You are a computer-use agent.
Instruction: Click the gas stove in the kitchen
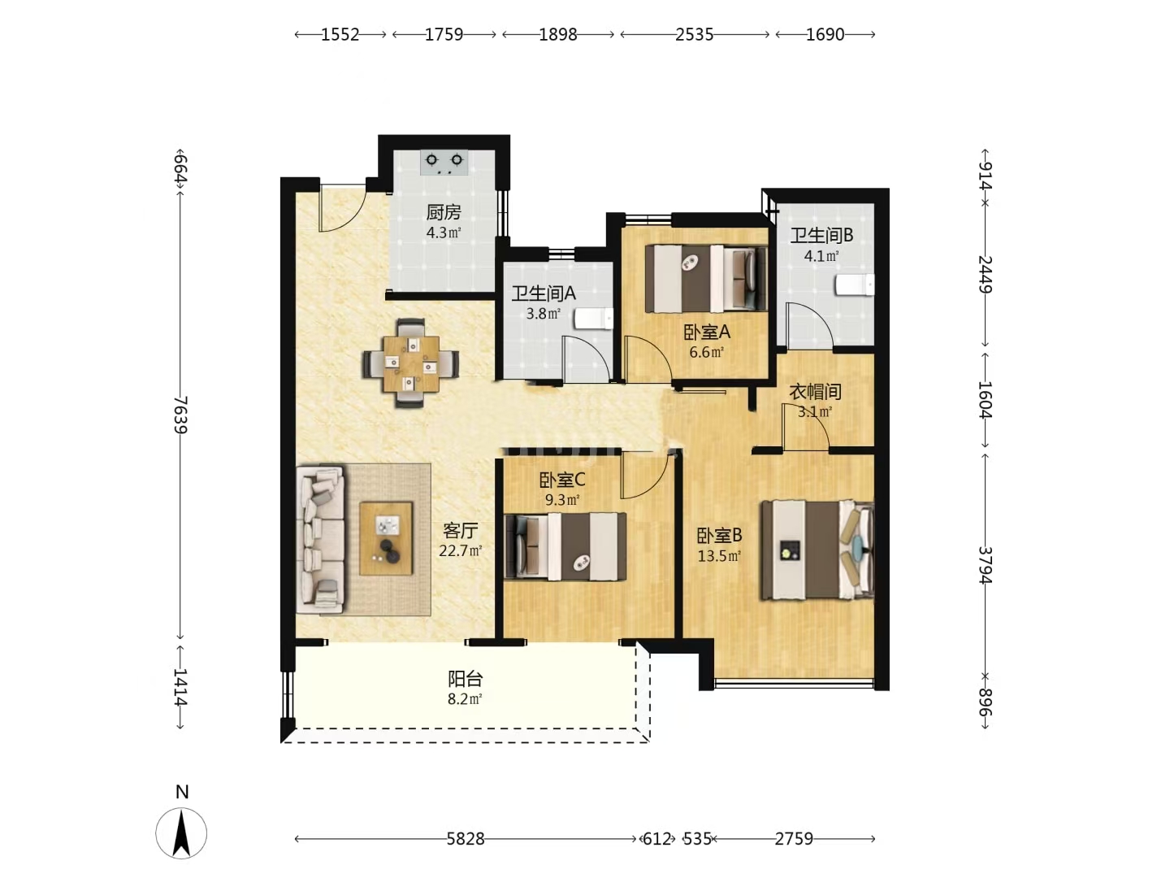(444, 162)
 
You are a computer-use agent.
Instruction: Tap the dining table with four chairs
(410, 363)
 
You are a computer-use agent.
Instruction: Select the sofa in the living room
(320, 540)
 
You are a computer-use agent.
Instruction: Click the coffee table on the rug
(386, 538)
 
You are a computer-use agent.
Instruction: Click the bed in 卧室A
(706, 279)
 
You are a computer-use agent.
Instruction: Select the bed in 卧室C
(565, 545)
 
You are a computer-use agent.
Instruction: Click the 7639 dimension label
(181, 415)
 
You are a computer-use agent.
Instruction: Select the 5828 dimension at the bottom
(466, 839)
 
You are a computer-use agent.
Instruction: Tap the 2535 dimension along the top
(694, 35)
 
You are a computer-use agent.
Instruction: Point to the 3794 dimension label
(985, 565)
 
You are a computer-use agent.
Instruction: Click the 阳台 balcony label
(466, 679)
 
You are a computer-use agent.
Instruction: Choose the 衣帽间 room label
(815, 392)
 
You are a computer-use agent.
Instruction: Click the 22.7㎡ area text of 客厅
(461, 550)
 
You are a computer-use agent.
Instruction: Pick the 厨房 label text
(444, 213)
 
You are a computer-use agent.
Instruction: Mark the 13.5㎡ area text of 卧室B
(720, 556)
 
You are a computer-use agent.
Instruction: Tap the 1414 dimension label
(181, 687)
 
